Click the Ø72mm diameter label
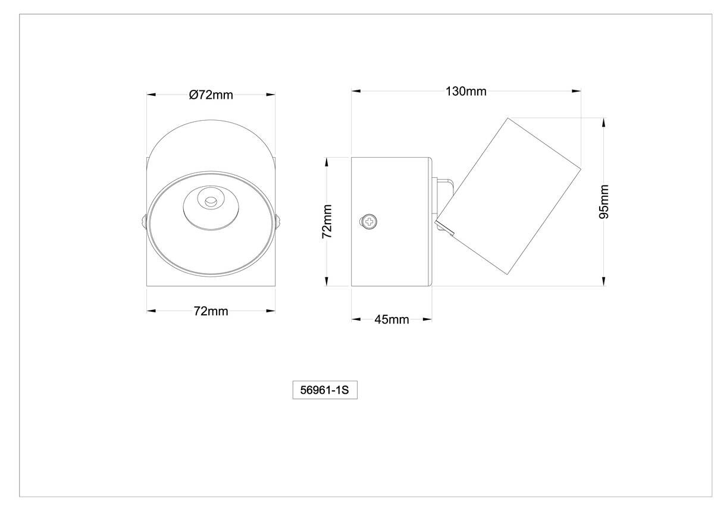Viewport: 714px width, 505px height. (x=211, y=95)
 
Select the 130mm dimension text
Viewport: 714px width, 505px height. (x=466, y=92)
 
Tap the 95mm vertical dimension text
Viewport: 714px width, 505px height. (x=604, y=202)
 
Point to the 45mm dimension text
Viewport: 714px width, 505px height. (x=392, y=319)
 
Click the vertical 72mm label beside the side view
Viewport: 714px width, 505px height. (x=327, y=221)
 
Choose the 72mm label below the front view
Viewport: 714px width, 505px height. (x=211, y=310)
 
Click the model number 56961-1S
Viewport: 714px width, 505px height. (x=324, y=391)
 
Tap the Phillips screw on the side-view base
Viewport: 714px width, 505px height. (x=369, y=222)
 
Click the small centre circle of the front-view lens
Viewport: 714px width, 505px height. (x=209, y=202)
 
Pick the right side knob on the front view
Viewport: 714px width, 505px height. (x=277, y=222)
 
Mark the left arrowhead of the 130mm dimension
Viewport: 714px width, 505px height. (x=356, y=92)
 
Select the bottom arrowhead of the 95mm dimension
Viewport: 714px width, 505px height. (x=604, y=281)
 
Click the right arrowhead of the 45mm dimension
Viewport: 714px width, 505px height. (x=427, y=319)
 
